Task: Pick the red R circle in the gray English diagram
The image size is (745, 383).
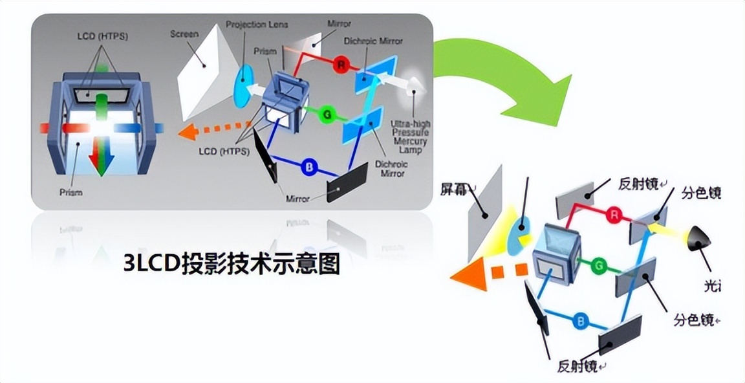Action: point(340,65)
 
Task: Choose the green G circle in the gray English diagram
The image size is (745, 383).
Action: point(327,115)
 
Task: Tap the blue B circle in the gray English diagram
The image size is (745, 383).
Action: point(310,167)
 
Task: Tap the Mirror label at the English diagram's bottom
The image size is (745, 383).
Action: point(302,199)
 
